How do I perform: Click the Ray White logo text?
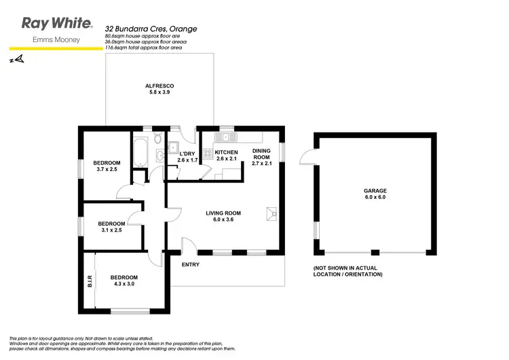click(57, 24)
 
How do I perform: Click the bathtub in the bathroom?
click(140, 152)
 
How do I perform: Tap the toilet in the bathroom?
click(157, 140)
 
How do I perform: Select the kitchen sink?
click(225, 138)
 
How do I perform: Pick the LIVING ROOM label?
click(223, 217)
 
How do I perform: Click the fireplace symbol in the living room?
click(273, 214)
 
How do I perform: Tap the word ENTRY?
click(191, 265)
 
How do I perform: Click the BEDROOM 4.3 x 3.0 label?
click(124, 281)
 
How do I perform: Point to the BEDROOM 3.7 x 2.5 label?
click(107, 166)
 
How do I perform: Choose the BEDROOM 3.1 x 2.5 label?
click(111, 228)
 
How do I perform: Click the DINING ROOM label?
click(261, 157)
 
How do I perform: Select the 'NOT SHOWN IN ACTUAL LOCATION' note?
click(348, 271)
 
